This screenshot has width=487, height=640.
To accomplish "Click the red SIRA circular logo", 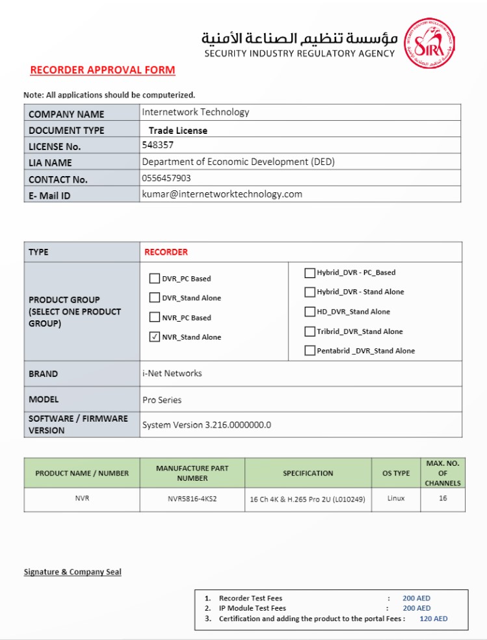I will click(429, 44).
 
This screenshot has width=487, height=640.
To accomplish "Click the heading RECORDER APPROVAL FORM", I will click(103, 70).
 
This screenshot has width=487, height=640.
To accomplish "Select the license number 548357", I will click(158, 145).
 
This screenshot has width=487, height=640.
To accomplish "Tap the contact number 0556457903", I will click(166, 177).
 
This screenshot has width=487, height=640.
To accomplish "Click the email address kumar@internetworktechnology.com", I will click(222, 194).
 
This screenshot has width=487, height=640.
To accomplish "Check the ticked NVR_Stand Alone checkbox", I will click(155, 337).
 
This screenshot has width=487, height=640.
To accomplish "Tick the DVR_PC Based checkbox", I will click(155, 279).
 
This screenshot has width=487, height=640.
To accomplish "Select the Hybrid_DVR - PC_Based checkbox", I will click(310, 273).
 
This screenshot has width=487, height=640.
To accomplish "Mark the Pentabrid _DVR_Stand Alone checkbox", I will click(310, 351).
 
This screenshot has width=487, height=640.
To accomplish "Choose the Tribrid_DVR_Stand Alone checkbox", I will click(310, 331).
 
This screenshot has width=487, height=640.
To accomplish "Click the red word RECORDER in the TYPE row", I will click(166, 252).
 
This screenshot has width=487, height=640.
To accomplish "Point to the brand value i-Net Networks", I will click(172, 374).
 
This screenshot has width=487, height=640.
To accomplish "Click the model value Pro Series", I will click(162, 400).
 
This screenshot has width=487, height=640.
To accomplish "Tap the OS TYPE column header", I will click(396, 473).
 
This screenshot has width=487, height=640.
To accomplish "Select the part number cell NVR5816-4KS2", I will click(192, 498).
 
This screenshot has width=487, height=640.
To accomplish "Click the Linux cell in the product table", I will click(396, 498).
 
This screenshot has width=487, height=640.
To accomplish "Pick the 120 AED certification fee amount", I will click(434, 619).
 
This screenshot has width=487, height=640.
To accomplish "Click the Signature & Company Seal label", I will click(73, 572).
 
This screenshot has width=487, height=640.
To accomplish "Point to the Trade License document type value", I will click(178, 131).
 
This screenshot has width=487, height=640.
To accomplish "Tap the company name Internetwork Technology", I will click(196, 112).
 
